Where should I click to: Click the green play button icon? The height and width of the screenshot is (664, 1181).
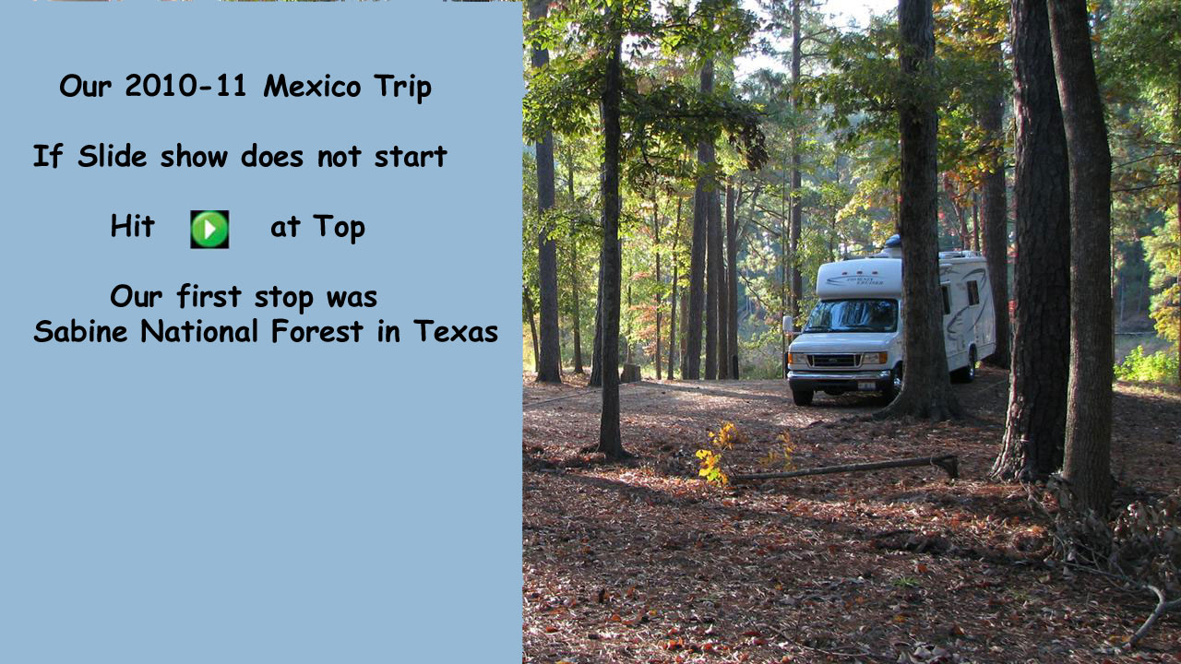(209, 230)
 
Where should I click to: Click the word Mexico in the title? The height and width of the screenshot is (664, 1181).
(312, 86)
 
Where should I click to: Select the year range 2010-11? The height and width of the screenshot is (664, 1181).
(185, 86)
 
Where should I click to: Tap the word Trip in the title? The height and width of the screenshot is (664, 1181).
(403, 88)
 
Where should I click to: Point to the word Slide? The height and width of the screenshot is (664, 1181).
(113, 156)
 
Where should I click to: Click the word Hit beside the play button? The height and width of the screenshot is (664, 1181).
(132, 226)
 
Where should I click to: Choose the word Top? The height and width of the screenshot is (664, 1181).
(339, 228)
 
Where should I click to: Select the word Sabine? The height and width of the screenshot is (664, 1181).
(80, 331)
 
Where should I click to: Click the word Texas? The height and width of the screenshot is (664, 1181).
(456, 331)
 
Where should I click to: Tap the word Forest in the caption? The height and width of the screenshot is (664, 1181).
(316, 331)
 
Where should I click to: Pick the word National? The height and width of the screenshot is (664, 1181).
(199, 331)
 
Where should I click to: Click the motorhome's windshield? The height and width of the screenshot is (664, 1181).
(851, 315)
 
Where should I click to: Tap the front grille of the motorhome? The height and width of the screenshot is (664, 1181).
(835, 361)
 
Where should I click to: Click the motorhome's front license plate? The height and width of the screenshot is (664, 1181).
(866, 385)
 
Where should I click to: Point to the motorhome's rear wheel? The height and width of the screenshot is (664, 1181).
(970, 365)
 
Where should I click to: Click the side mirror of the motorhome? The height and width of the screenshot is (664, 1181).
(788, 324)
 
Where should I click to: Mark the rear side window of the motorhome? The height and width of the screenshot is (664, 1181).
(973, 292)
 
